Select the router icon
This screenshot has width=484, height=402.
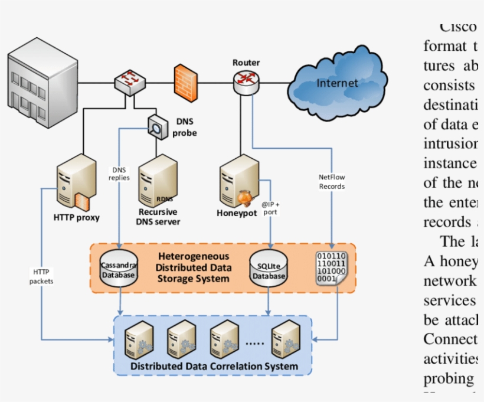tap(246, 81)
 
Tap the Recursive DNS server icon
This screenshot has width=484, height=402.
tap(158, 179)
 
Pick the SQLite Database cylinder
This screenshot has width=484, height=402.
tap(269, 268)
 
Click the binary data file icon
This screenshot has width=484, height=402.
tap(331, 269)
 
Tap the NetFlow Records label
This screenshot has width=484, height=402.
tap(332, 181)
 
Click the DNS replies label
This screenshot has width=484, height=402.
tap(119, 174)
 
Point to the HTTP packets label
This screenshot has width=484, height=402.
tap(41, 276)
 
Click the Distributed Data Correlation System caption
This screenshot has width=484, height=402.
tap(214, 366)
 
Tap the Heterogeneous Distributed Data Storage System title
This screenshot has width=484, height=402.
tap(193, 267)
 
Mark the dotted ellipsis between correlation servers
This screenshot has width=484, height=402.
tap(254, 342)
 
